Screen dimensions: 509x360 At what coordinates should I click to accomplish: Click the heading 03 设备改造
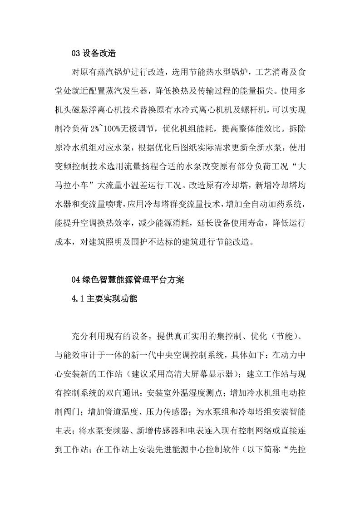coord(94,53)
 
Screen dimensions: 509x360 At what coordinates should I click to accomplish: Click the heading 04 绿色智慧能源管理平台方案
coord(128,280)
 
